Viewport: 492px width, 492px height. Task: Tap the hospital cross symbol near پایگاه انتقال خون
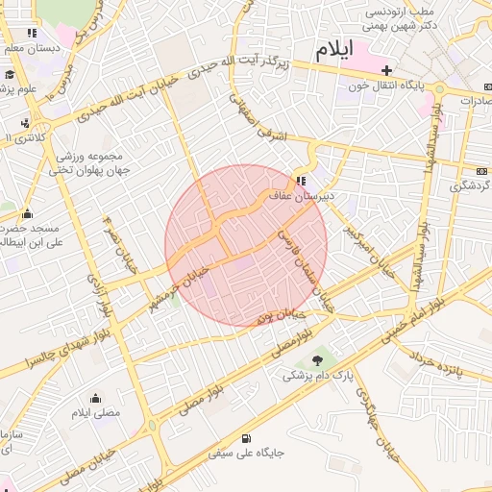(x=387, y=70)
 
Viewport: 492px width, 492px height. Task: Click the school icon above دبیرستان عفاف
(x=302, y=181)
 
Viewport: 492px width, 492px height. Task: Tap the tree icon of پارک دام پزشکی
(x=318, y=359)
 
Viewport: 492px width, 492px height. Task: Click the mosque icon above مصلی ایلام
(x=95, y=398)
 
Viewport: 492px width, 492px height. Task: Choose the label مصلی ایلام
(x=95, y=413)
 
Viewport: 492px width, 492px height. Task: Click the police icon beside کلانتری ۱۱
(x=25, y=123)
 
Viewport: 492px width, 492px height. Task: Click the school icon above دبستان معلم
(x=33, y=33)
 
